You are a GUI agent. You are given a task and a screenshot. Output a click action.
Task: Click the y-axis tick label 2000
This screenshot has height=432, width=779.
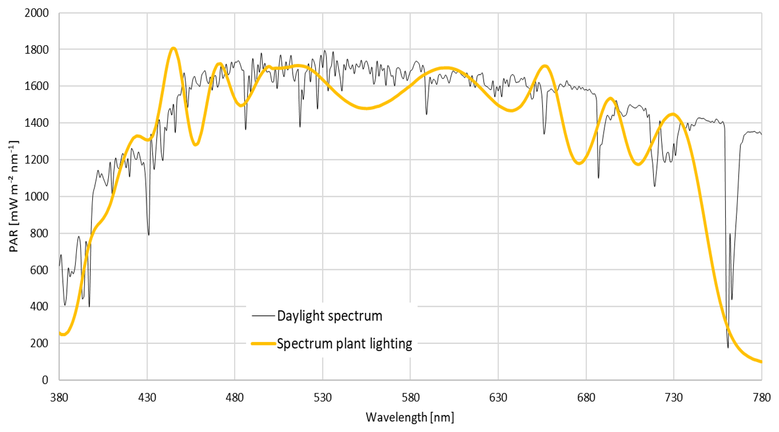click(x=37, y=13)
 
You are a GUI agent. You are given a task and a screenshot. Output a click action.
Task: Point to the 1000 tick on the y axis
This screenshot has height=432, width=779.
click(x=37, y=197)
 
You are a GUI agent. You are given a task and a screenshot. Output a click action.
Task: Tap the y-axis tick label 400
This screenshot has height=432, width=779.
click(x=39, y=307)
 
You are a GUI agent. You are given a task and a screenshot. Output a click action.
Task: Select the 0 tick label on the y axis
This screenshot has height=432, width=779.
click(x=45, y=380)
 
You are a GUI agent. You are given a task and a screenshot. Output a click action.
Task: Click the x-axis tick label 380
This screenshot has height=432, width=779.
click(x=59, y=397)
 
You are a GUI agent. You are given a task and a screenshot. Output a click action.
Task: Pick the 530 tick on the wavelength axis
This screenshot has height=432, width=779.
click(x=322, y=397)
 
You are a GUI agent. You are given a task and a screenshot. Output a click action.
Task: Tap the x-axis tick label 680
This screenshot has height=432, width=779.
click(x=586, y=397)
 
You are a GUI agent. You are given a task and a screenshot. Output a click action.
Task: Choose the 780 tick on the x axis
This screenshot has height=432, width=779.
click(x=761, y=397)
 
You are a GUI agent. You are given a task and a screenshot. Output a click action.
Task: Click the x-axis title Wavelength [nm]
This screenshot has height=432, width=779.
click(x=410, y=417)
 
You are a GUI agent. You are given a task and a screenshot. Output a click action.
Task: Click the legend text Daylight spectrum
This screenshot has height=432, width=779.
click(x=329, y=316)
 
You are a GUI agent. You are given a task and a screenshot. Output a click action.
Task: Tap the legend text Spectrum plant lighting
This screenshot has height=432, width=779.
click(x=345, y=343)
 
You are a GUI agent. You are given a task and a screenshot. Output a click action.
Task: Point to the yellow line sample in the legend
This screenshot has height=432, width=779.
click(x=264, y=343)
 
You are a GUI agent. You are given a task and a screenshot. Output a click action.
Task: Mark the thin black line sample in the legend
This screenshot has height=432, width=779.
click(x=264, y=316)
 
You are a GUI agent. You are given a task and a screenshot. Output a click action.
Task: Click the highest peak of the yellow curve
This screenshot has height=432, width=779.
click(x=173, y=48)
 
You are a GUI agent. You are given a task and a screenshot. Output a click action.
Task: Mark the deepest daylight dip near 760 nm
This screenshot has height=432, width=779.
click(x=728, y=347)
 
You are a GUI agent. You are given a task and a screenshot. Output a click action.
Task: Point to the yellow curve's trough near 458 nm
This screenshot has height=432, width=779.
click(x=196, y=145)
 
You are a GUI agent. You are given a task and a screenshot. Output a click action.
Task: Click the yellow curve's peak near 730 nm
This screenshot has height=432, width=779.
click(x=673, y=114)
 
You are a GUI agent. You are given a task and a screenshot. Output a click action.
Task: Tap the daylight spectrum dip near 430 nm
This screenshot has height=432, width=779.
click(x=148, y=234)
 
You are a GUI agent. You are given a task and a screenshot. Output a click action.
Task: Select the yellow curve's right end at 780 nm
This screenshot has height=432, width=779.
click(x=761, y=362)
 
